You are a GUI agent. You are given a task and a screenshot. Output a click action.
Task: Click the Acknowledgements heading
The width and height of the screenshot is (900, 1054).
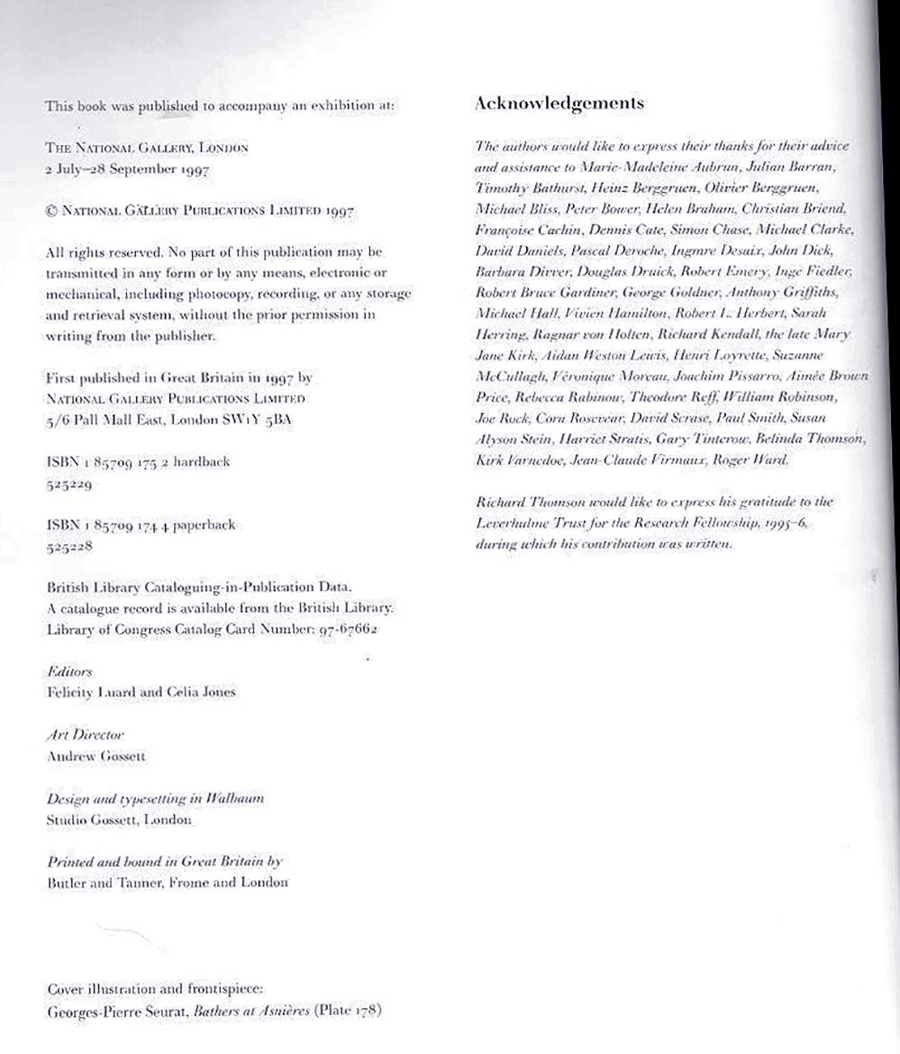[559, 103]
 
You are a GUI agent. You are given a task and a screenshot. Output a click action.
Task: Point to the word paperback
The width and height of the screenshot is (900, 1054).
[202, 525]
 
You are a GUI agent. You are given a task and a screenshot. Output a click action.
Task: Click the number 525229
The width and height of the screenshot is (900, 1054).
[70, 483]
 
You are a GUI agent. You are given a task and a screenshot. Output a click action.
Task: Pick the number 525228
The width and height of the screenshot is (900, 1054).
[70, 546]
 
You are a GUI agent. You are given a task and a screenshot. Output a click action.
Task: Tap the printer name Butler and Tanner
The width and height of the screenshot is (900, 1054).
[99, 884]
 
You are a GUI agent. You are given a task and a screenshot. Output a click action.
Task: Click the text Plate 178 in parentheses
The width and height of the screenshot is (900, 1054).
[348, 1011]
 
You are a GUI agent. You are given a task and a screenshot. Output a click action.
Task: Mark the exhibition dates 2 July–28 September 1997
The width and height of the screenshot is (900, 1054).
[121, 167]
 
